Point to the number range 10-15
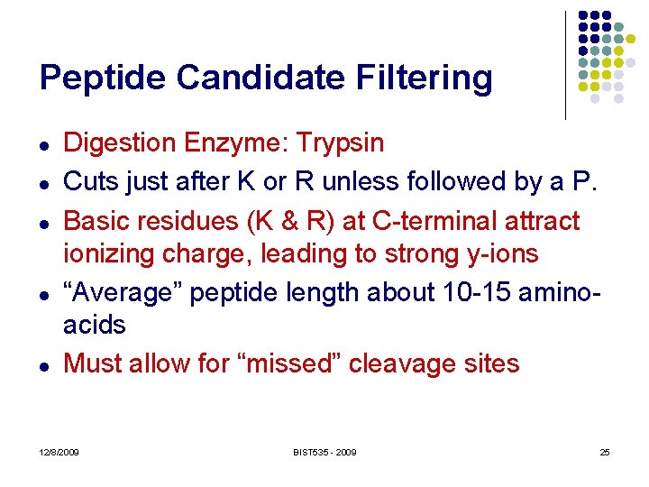pos(451,293)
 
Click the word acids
pos(95,326)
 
